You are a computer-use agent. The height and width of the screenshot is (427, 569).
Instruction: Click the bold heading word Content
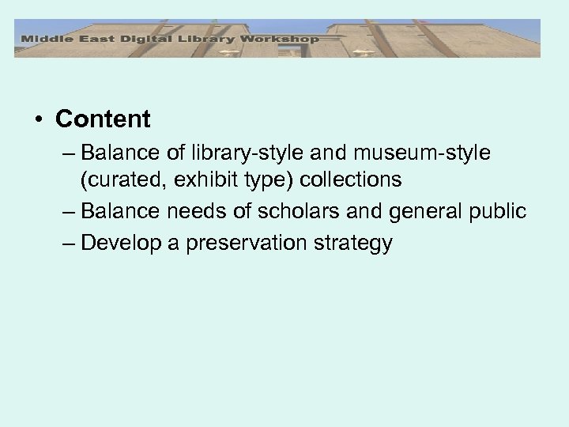tap(103, 119)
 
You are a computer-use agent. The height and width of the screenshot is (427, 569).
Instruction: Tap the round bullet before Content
tap(38, 120)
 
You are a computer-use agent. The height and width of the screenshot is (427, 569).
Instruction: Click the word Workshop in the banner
tap(281, 38)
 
